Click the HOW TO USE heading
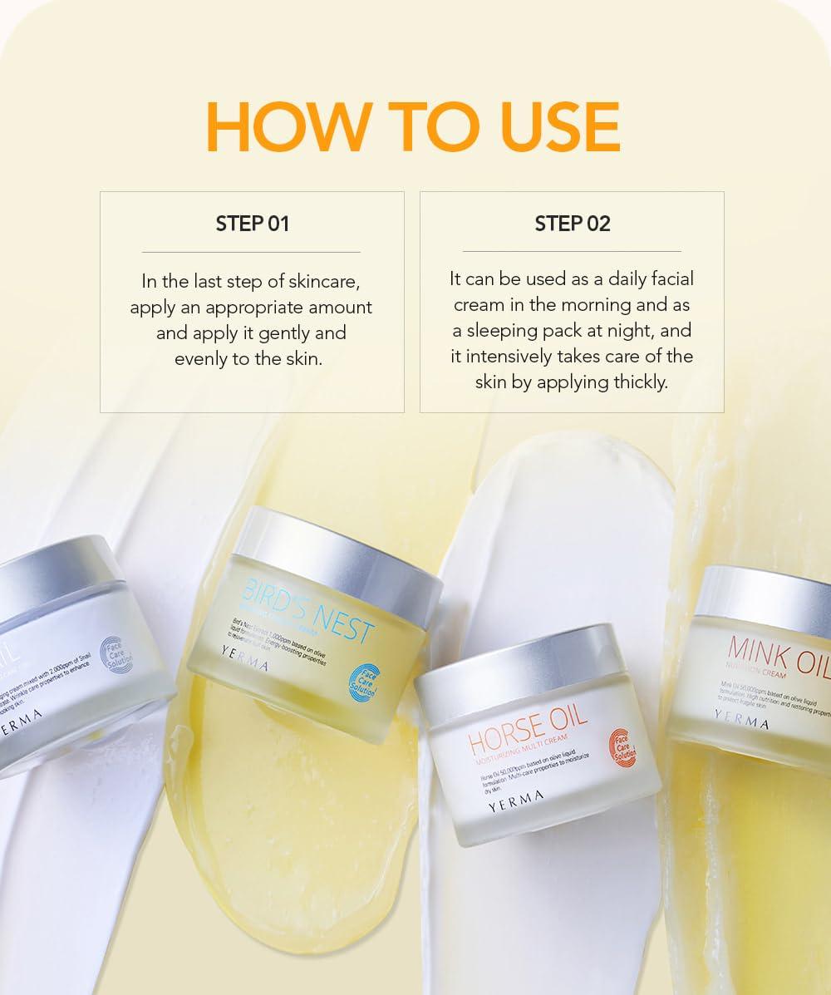pos(413,127)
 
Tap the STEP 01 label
pos(252,224)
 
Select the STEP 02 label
pos(572,224)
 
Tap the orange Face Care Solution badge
pos(623,745)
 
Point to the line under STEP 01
pos(251,252)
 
